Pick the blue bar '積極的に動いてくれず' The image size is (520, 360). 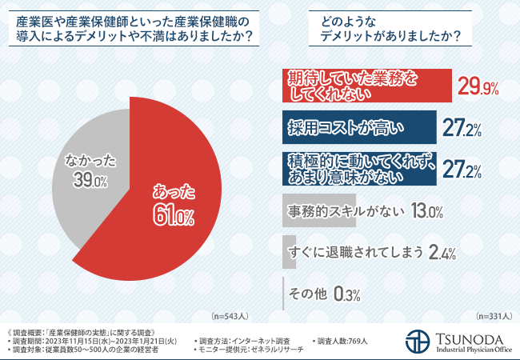(360, 168)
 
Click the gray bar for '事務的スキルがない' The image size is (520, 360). (320, 211)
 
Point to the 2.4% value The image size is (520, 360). (442, 254)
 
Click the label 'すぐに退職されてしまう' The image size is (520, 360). (354, 253)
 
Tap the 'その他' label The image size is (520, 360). (307, 294)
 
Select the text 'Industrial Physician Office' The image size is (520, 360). (473, 348)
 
